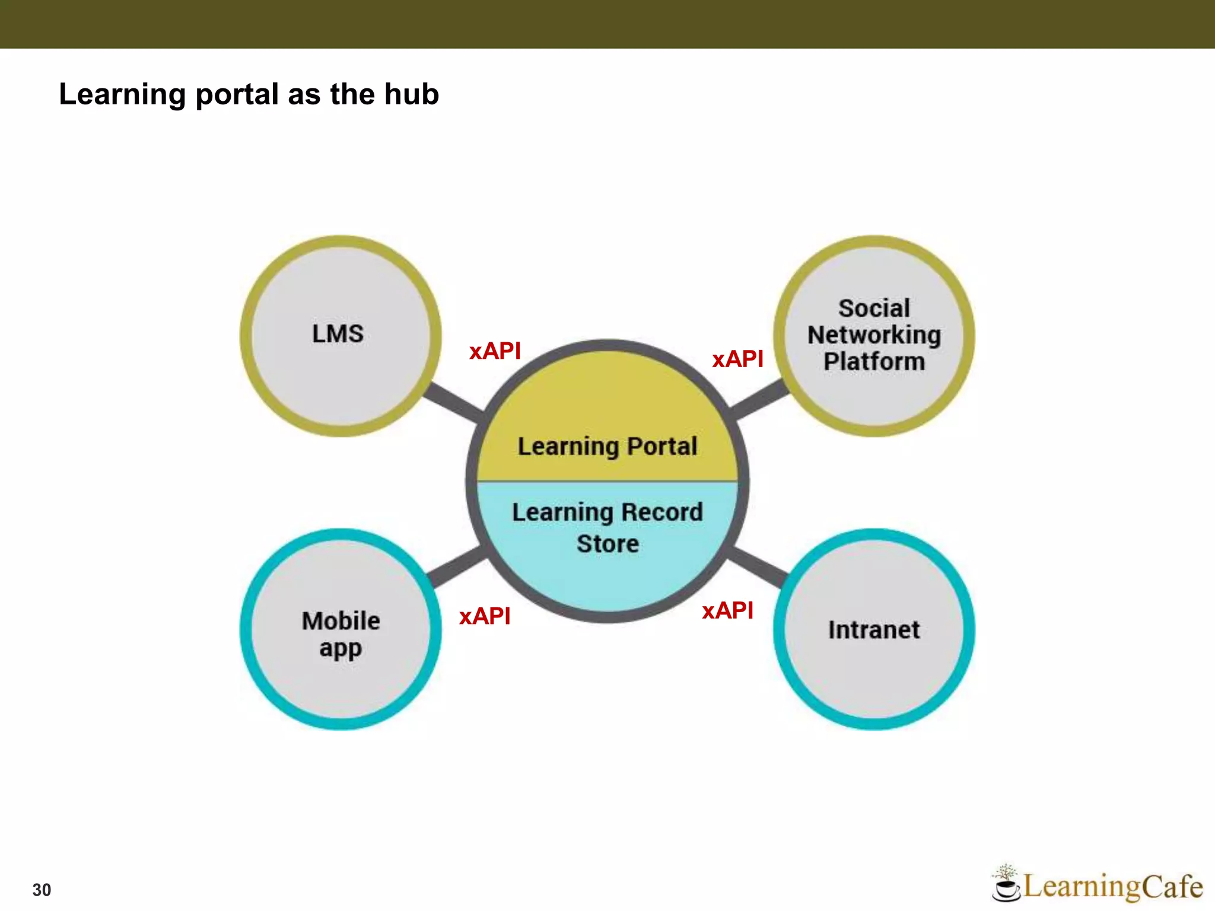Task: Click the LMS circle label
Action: point(338,334)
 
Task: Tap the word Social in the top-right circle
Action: point(874,308)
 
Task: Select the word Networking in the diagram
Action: point(874,335)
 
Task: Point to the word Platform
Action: point(874,361)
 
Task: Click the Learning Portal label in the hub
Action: point(607,447)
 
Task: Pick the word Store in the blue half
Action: point(608,544)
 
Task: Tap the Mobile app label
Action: point(341,635)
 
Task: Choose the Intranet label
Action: point(874,630)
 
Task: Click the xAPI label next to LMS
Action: point(495,351)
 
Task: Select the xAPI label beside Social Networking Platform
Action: point(737,359)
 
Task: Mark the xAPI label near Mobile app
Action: point(485,616)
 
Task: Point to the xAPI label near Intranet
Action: point(727,610)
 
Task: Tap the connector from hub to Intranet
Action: point(758,566)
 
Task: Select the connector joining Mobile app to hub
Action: point(457,567)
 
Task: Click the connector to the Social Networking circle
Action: point(759,400)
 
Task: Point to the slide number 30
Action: point(42,890)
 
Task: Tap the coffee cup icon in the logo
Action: point(1005,887)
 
